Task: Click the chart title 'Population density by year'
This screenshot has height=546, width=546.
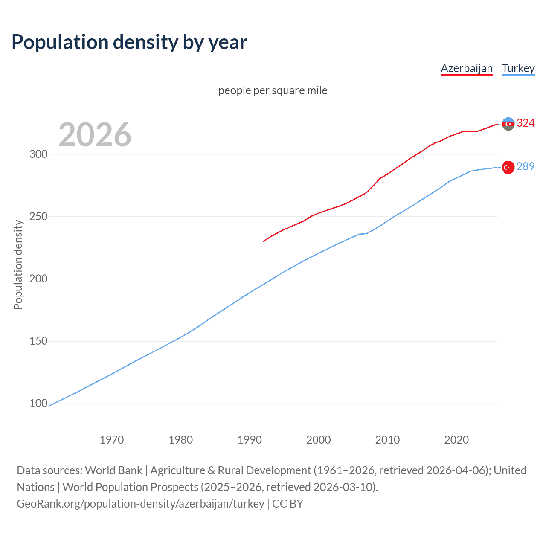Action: pyautogui.click(x=129, y=42)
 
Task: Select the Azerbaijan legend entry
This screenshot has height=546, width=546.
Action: pyautogui.click(x=467, y=68)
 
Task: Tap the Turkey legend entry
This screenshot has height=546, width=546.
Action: pyautogui.click(x=518, y=68)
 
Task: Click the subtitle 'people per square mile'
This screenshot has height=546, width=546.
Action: pyautogui.click(x=273, y=90)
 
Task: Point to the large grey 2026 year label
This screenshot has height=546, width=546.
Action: pyautogui.click(x=95, y=135)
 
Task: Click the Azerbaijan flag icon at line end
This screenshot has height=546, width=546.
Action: pyautogui.click(x=508, y=124)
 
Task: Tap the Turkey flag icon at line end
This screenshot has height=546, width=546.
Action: pyautogui.click(x=508, y=167)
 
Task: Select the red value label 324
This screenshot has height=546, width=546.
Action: pyautogui.click(x=526, y=123)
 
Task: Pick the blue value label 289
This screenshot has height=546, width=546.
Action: pyautogui.click(x=526, y=166)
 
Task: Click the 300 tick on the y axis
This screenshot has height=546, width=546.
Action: pyautogui.click(x=38, y=154)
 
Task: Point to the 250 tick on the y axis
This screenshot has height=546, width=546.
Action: pyautogui.click(x=38, y=216)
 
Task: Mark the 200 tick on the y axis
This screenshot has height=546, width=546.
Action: pyautogui.click(x=38, y=279)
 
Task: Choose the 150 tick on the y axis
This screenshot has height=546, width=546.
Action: pyautogui.click(x=38, y=341)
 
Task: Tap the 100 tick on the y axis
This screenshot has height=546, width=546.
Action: pyautogui.click(x=38, y=403)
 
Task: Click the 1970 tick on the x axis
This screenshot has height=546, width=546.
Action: pyautogui.click(x=112, y=439)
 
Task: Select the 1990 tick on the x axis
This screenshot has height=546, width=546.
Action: pyautogui.click(x=250, y=439)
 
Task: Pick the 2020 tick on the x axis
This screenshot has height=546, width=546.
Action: pyautogui.click(x=456, y=439)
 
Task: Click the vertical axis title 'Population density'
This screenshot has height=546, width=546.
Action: pyautogui.click(x=18, y=264)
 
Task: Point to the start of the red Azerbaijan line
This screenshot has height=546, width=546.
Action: pyautogui.click(x=264, y=241)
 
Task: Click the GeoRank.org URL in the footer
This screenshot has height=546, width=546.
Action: pyautogui.click(x=140, y=504)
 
